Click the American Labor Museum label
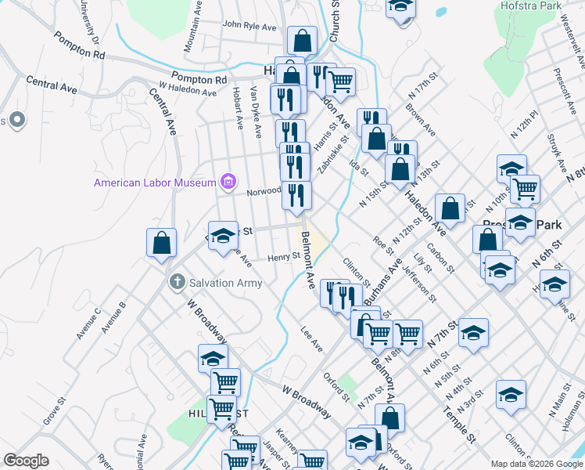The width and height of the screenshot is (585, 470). click(x=155, y=183)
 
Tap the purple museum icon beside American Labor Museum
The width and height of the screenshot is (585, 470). click(x=228, y=183)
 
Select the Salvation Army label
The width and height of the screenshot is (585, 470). click(x=226, y=283)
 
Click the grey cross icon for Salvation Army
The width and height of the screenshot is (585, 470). click(x=178, y=282)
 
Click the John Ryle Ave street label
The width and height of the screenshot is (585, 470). click(x=249, y=26)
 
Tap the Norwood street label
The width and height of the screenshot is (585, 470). click(x=264, y=191)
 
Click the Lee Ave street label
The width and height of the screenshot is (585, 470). click(x=311, y=339)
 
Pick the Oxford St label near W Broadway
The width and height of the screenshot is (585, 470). click(x=337, y=386)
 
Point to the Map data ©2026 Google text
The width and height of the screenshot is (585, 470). click(x=537, y=464)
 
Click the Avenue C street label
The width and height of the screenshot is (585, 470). click(x=88, y=324)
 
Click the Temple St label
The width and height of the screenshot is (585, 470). click(x=458, y=421)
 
